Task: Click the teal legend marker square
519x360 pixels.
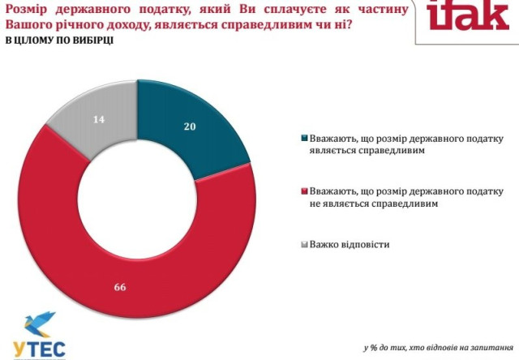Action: pos(305,138)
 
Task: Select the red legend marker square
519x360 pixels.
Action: pos(305,191)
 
